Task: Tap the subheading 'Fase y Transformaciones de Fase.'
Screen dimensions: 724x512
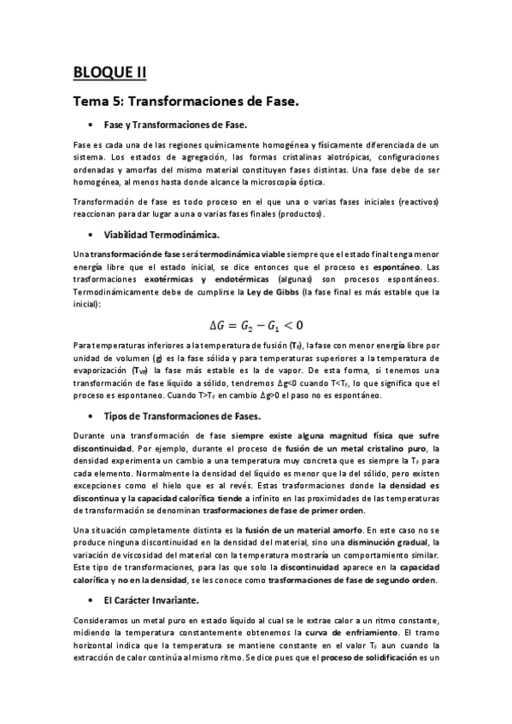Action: click(174, 125)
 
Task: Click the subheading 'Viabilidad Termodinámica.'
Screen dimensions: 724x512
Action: click(160, 233)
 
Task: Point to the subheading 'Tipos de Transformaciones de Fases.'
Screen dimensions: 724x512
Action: click(181, 415)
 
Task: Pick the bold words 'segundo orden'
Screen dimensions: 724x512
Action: click(405, 580)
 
